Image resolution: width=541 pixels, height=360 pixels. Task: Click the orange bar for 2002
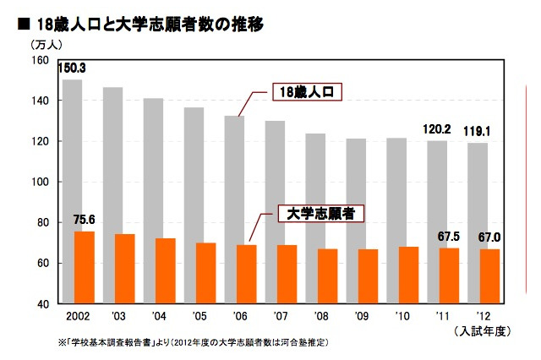pos(84,267)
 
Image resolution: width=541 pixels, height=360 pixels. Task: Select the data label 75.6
pos(84,220)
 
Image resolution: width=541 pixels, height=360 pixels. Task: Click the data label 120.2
pos(437,129)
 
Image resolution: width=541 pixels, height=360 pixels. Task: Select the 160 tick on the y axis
pos(41,61)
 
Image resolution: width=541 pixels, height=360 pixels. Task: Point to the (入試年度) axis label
pos(484,330)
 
